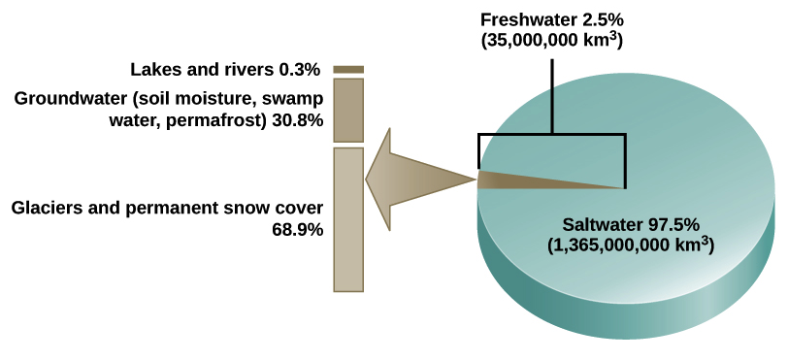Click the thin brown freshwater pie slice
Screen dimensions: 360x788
pos(543,180)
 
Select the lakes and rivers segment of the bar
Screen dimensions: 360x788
pos(348,70)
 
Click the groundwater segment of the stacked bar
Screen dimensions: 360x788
pos(348,112)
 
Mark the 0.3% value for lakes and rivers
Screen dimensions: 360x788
pos(301,70)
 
